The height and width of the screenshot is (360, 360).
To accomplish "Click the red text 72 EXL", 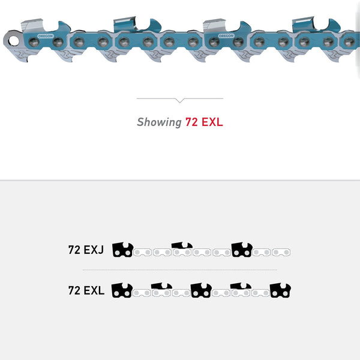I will pyautogui.click(x=204, y=122).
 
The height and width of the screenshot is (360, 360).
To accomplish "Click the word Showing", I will pyautogui.click(x=159, y=122).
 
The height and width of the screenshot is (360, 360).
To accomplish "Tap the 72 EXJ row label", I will pyautogui.click(x=86, y=250).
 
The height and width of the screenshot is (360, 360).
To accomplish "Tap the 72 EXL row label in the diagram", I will pyautogui.click(x=86, y=291).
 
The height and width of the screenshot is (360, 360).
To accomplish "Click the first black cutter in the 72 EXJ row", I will pyautogui.click(x=123, y=250).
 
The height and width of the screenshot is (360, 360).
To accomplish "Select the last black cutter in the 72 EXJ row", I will pyautogui.click(x=242, y=250).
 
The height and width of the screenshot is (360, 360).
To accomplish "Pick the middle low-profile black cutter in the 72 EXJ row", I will pyautogui.click(x=182, y=246).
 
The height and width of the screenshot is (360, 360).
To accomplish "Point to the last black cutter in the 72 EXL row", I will pyautogui.click(x=280, y=290).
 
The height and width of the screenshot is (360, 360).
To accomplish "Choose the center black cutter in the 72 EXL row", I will pyautogui.click(x=201, y=290).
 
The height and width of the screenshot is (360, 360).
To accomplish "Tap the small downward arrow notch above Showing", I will pyautogui.click(x=179, y=100).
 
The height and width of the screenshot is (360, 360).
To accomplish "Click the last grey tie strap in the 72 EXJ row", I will pyautogui.click(x=281, y=252).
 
